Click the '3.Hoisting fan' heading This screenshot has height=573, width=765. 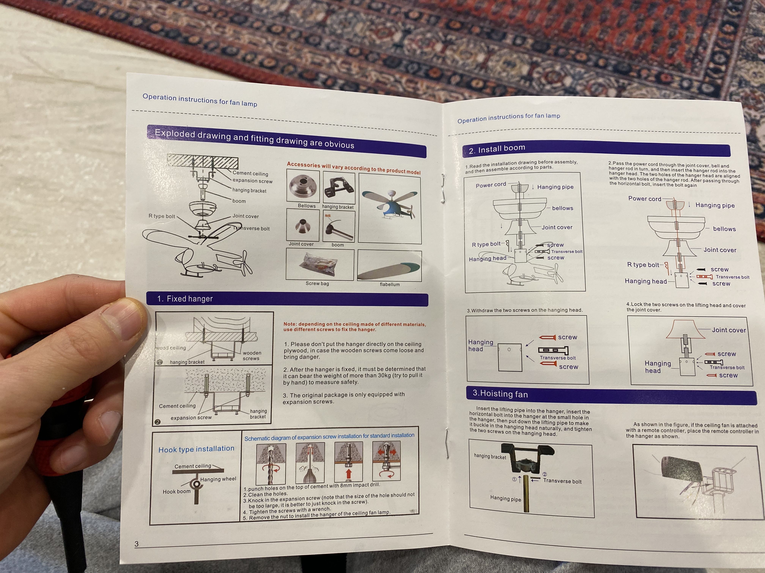click(x=500, y=394)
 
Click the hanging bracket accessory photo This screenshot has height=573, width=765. click(x=339, y=188)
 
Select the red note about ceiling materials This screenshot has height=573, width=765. click(x=354, y=327)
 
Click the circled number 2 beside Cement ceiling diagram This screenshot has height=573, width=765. click(x=158, y=422)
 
